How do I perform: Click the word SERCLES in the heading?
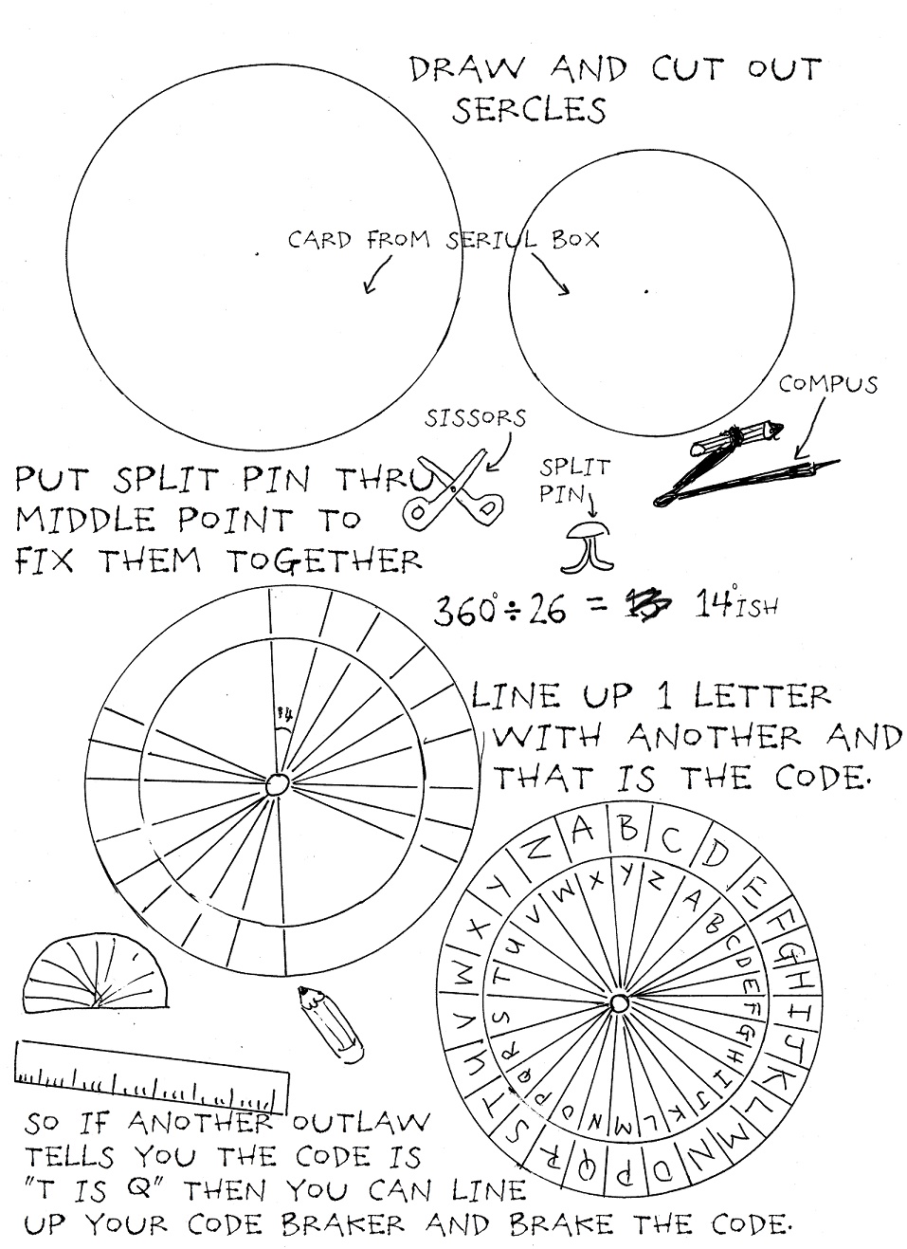[528, 109]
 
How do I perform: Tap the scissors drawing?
[454, 490]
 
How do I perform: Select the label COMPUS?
[827, 384]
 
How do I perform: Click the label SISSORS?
[475, 418]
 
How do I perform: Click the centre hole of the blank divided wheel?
[277, 785]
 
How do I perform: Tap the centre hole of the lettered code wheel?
[619, 1003]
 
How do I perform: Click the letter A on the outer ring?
[583, 830]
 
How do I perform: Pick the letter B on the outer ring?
[628, 828]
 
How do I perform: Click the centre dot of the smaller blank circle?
[646, 290]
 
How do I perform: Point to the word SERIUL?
[491, 240]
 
